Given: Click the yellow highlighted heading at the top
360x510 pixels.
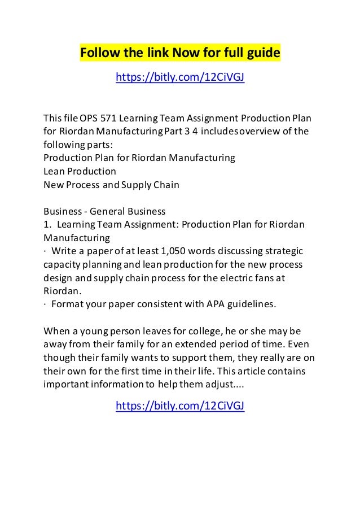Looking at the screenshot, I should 180,54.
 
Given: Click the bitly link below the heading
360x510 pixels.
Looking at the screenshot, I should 180,77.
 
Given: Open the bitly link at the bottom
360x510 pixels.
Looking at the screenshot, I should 180,406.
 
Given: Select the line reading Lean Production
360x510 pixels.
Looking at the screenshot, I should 80,170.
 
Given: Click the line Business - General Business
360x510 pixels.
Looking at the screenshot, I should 104,212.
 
